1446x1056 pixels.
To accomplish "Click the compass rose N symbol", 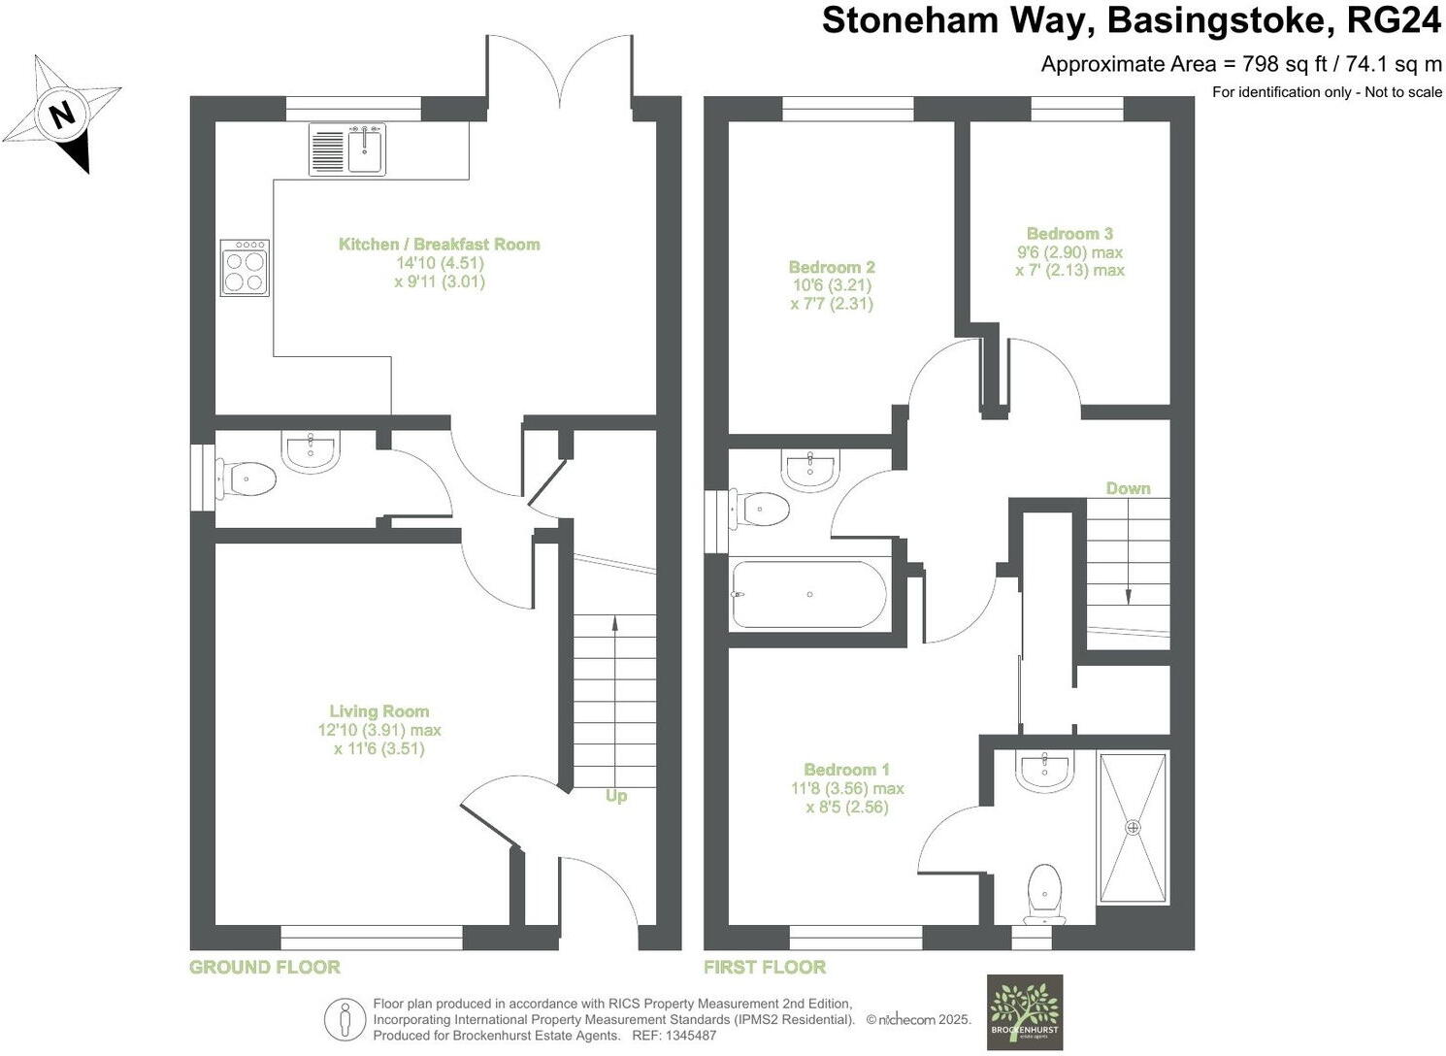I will tap(62, 115).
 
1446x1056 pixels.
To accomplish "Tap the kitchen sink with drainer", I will tap(347, 149).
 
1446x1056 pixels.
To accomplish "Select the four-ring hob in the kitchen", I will tap(244, 268).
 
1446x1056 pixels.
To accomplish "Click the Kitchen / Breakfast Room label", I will tap(439, 245).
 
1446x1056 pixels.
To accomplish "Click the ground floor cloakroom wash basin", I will tap(311, 451).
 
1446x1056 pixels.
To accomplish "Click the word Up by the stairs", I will tap(616, 796).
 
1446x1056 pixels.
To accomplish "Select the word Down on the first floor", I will tap(1128, 488).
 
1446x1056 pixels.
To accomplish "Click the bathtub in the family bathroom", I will tap(808, 594).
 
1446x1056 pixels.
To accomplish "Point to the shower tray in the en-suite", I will tap(1132, 827).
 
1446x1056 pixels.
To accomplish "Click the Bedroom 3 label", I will tap(1069, 234).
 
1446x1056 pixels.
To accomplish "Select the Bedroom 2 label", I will tap(832, 267).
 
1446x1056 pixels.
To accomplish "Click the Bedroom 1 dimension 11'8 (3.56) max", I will tap(847, 788).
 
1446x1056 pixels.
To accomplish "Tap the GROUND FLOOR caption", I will tap(264, 967).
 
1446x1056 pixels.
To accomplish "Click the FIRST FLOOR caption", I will tap(765, 967).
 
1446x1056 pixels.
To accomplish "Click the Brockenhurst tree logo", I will tap(1024, 1012).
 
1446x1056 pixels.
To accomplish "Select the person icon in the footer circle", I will tap(345, 1019).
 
